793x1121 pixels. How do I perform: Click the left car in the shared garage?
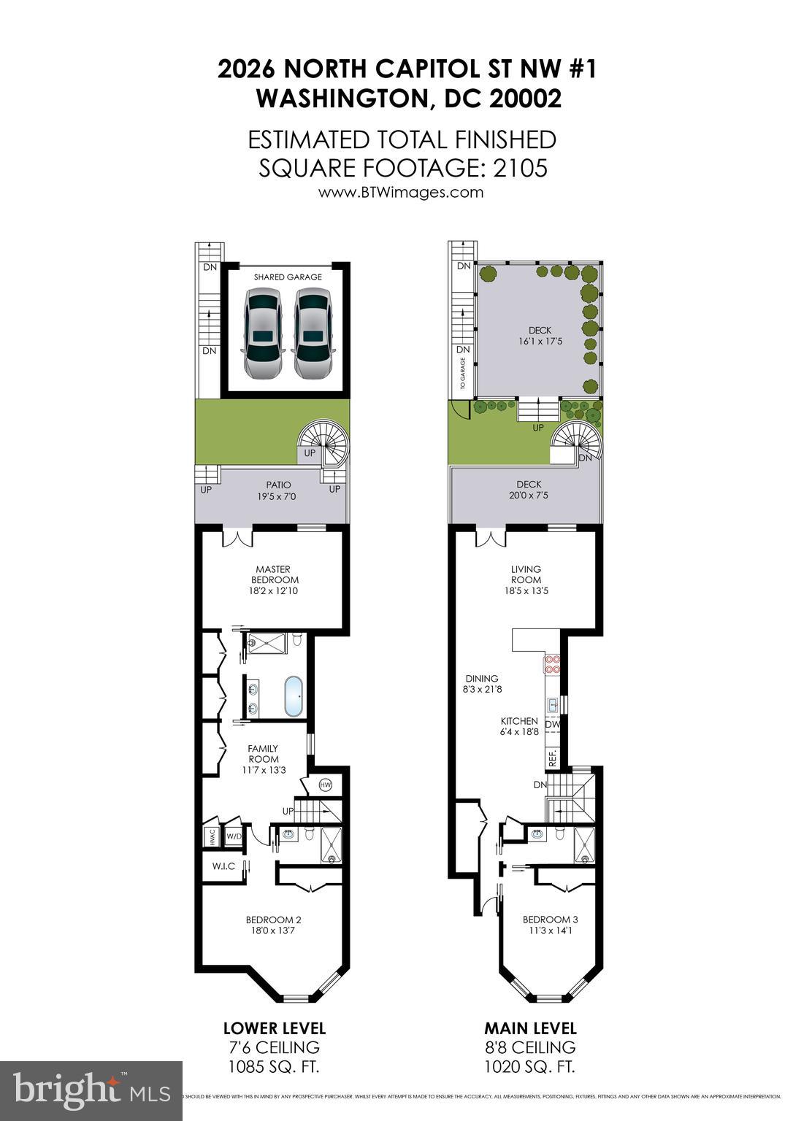pos(262,333)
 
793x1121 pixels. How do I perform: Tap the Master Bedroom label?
pos(272,579)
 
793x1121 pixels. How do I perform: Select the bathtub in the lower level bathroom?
pos(294,697)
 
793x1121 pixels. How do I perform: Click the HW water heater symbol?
pos(326,785)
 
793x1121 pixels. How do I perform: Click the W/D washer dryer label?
pos(234,836)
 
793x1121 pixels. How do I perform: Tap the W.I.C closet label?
pos(223,866)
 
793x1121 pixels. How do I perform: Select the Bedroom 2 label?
pos(273,925)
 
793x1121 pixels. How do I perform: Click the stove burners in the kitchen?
pos(551,664)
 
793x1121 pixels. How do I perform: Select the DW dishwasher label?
pos(552,725)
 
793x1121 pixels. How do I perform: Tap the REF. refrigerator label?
pos(553,757)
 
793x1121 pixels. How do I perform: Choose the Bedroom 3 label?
pos(545,925)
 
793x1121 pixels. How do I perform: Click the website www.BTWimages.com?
pos(401,193)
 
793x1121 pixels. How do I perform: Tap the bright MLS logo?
pos(91,1090)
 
